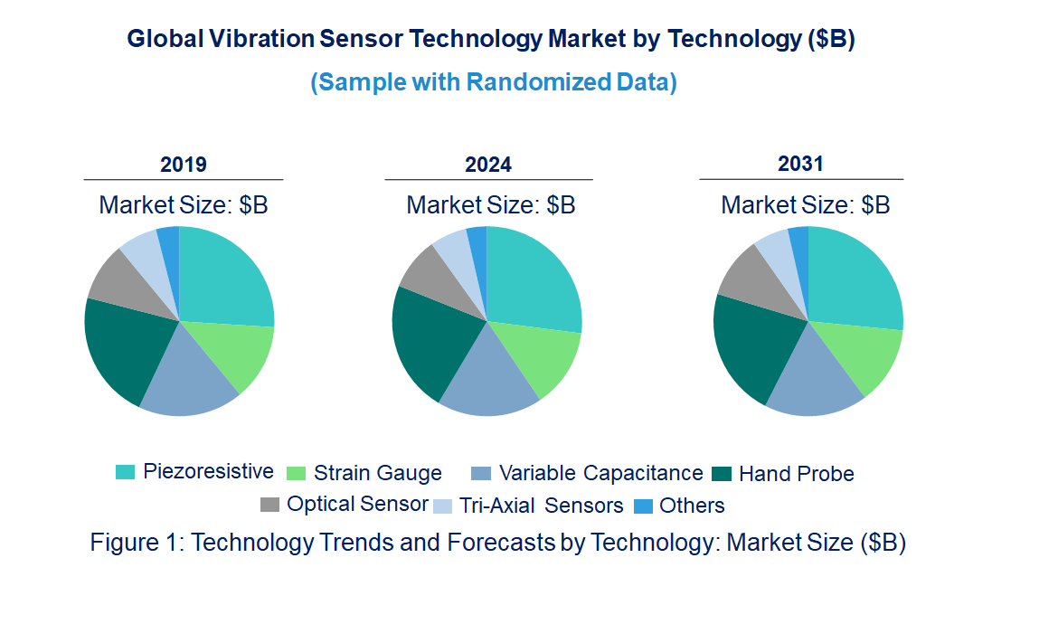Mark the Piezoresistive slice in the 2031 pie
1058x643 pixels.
click(x=855, y=276)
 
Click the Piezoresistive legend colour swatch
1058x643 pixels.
click(x=125, y=472)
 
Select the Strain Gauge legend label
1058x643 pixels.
click(x=377, y=473)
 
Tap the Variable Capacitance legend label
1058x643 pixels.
click(x=600, y=473)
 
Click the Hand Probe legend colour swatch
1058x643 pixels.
click(x=721, y=473)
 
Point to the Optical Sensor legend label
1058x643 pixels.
click(x=357, y=504)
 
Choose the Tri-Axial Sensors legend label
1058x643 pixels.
click(x=541, y=506)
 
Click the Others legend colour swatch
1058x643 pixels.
click(x=643, y=506)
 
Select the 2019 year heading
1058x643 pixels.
click(x=184, y=165)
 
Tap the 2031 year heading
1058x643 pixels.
click(x=800, y=164)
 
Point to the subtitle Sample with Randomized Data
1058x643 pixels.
click(x=494, y=82)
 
